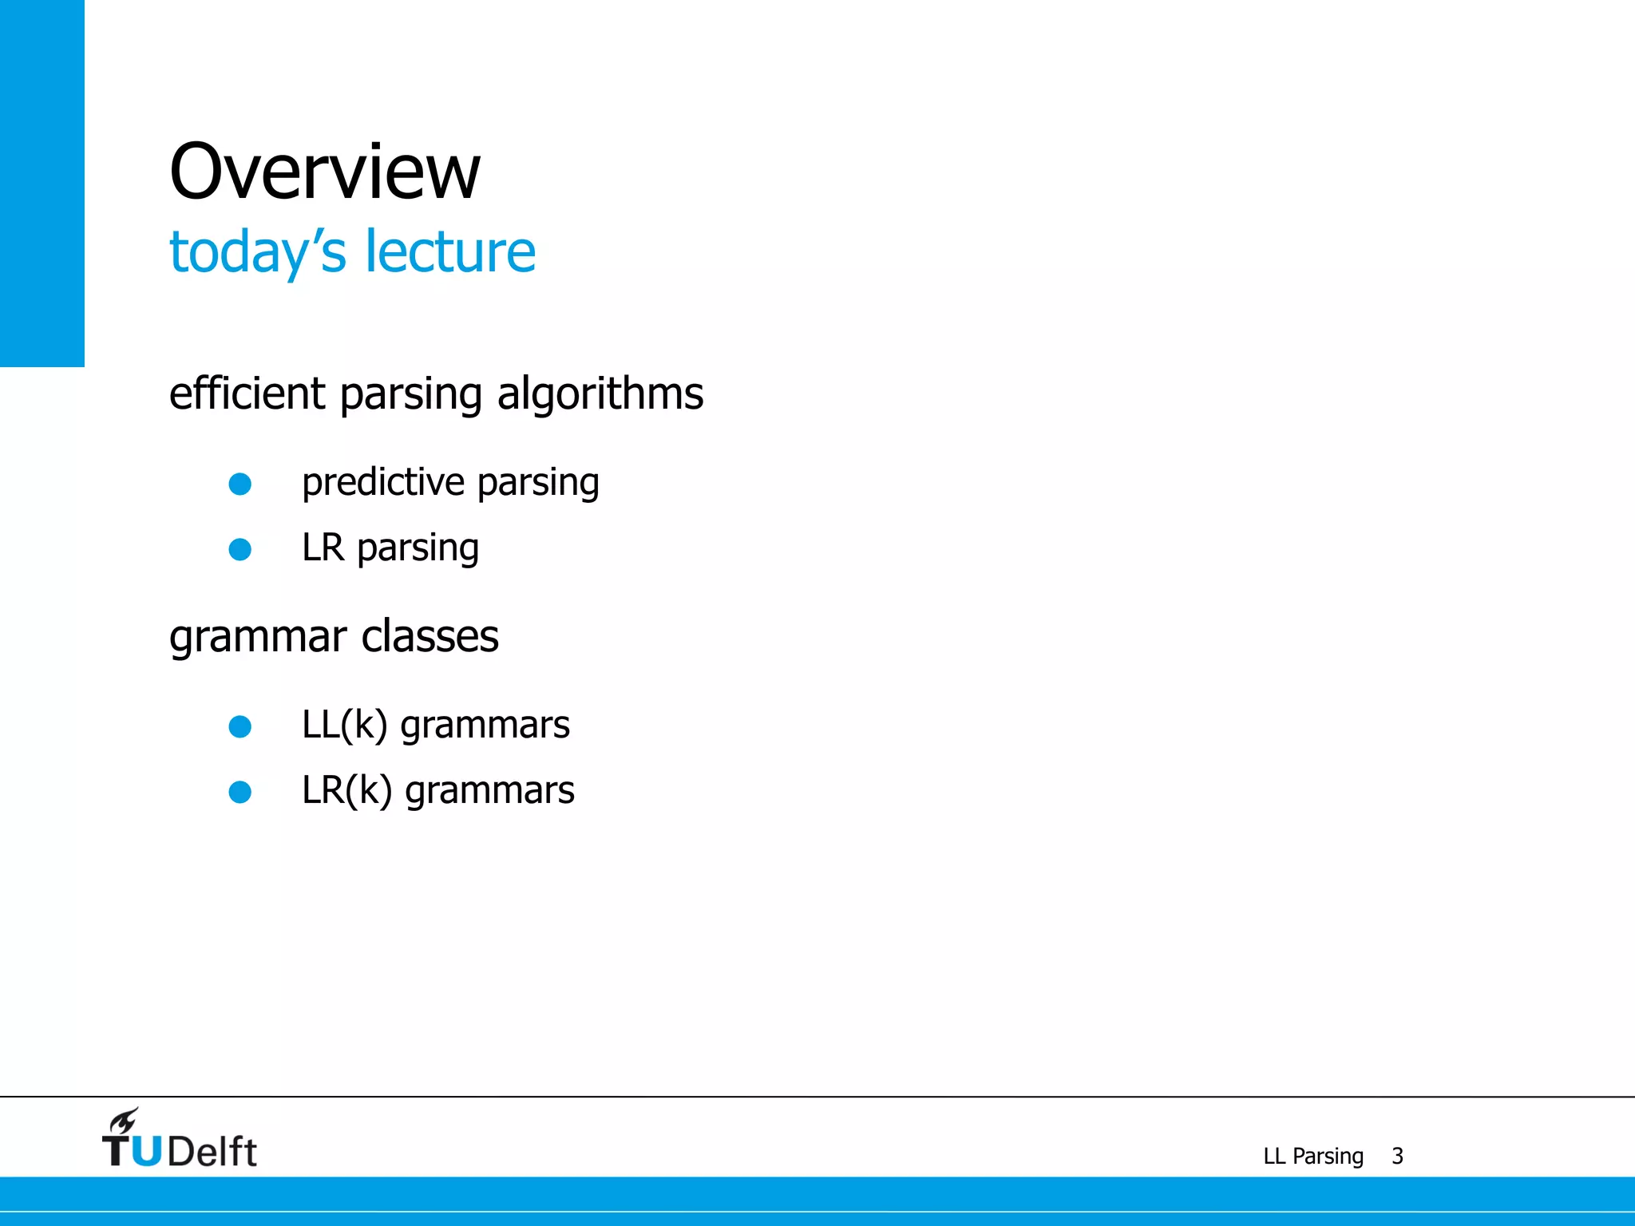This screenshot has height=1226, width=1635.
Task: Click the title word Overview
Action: (325, 172)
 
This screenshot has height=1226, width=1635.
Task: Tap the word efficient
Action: (247, 394)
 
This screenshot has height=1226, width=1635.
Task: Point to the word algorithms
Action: (600, 395)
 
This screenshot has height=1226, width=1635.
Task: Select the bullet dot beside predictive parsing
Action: (240, 484)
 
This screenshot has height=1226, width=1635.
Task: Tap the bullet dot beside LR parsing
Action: (240, 549)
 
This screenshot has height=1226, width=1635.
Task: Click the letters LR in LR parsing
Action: (323, 548)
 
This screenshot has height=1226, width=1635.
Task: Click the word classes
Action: (430, 637)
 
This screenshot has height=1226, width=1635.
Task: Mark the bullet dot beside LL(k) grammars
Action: (240, 726)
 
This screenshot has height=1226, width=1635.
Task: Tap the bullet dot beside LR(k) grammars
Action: (240, 792)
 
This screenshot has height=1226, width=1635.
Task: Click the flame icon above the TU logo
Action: (125, 1120)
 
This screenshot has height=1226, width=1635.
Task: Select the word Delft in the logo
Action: (212, 1152)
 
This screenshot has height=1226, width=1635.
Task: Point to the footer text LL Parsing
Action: (1313, 1157)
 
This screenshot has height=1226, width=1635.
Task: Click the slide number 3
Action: (1397, 1157)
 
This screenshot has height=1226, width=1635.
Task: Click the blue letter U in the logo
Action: (146, 1152)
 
